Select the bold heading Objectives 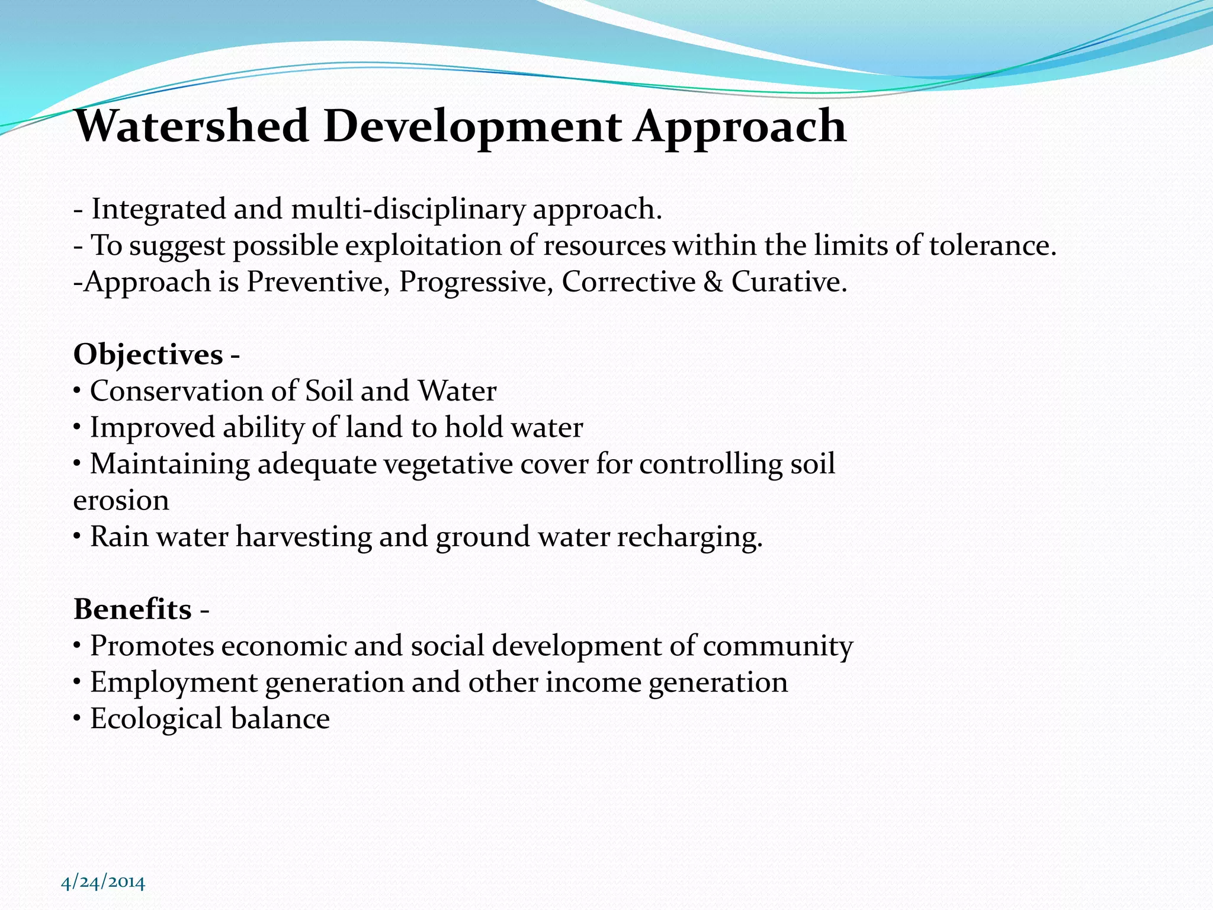[148, 354]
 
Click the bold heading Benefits [133, 609]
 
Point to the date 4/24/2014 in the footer [103, 882]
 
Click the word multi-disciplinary [408, 209]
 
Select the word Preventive [317, 281]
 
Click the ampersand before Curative [713, 281]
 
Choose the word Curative [788, 281]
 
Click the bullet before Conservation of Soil [77, 392]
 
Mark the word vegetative [448, 463]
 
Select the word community [778, 646]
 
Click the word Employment [174, 682]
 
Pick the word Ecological [156, 719]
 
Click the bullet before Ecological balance [77, 719]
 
